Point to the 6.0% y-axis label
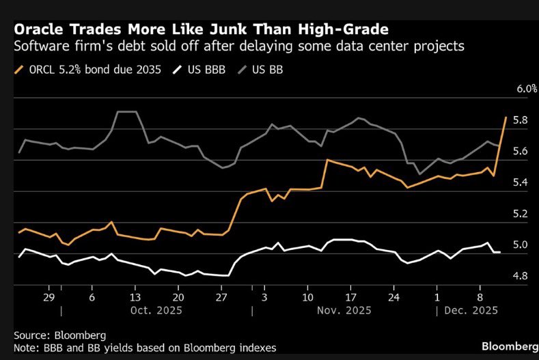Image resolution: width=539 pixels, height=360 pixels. pos(522,89)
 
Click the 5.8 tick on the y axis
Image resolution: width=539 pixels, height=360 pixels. pos(522,120)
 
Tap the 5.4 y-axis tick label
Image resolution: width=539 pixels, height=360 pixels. pos(522,182)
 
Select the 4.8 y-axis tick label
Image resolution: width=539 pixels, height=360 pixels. pos(522,276)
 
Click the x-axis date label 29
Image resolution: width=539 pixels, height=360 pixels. pos(49,299)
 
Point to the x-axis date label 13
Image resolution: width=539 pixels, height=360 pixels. pos(135,299)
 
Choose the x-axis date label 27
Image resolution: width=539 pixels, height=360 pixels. pos(220,299)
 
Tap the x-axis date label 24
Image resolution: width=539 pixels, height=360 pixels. pos(393,299)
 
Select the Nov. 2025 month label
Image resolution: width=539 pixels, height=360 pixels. pos(344,311)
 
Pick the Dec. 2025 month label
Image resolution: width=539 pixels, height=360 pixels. pos(472,311)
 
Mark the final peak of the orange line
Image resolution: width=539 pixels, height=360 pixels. pos(506,117)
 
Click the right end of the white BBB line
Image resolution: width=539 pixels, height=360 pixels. pos(500,252)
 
